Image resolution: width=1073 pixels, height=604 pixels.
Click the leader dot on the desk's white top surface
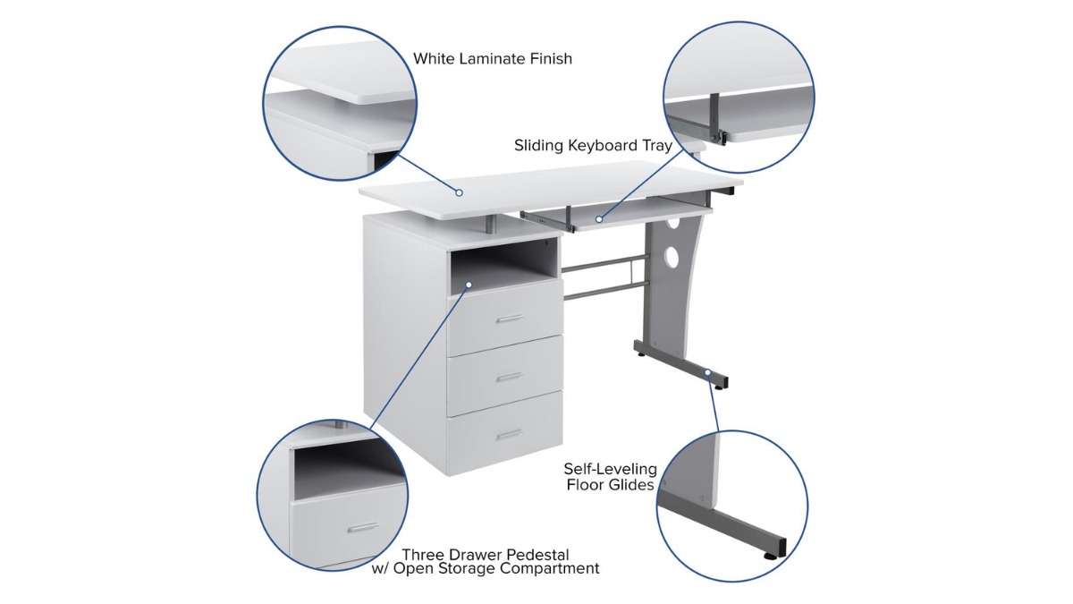coord(459,192)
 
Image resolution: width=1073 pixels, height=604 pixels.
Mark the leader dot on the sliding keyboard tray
coord(599,219)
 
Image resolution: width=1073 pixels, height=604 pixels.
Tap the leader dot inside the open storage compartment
coord(469,285)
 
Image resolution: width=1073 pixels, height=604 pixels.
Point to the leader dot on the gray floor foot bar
coord(707,372)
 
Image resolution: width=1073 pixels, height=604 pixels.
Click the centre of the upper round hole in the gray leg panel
coord(673,223)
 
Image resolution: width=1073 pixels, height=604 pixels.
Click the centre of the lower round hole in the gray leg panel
coord(672,257)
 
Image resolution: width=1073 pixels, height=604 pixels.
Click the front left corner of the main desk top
coord(360,192)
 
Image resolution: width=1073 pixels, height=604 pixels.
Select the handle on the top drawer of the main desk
coord(509,319)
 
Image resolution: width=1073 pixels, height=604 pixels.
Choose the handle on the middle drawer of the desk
coord(509,378)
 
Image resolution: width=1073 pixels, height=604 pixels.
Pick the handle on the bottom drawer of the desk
coord(509,435)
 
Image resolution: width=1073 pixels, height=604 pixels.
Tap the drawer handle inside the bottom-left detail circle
coord(363,528)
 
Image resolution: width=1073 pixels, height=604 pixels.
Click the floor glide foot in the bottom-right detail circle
coord(770,556)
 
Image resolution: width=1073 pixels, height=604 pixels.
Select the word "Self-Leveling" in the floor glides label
coord(610,469)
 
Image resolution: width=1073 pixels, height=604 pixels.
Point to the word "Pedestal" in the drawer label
coord(538,555)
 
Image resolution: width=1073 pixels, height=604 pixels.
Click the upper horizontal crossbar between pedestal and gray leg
coord(605,264)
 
